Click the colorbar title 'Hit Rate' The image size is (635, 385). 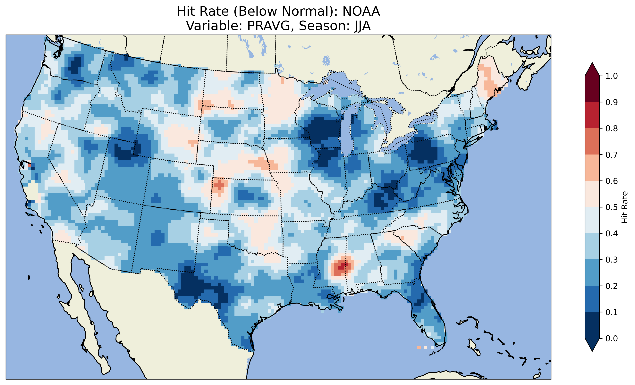click(624, 207)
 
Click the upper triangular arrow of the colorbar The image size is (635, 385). click(592, 69)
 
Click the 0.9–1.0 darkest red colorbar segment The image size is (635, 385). click(592, 89)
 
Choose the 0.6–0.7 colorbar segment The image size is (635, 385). click(592, 168)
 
